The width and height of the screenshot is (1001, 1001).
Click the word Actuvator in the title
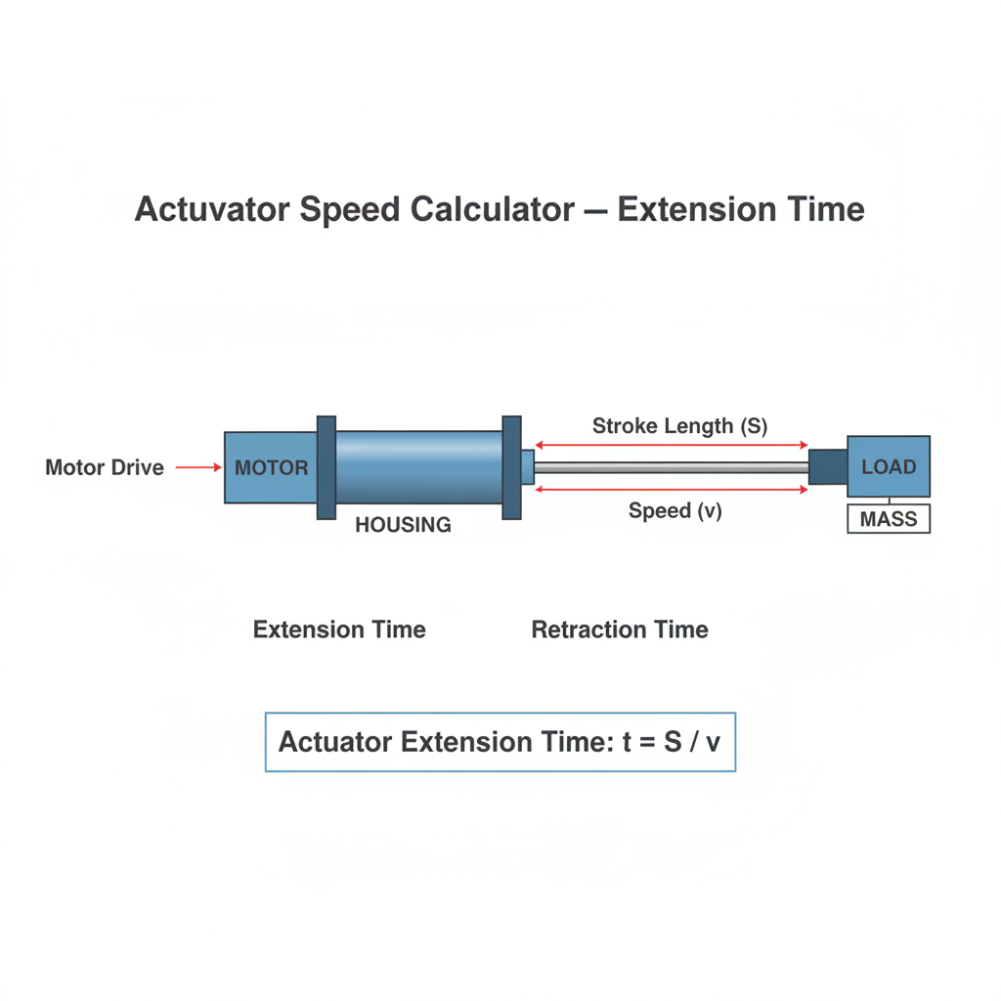click(212, 209)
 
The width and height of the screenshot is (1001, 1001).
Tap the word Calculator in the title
click(493, 209)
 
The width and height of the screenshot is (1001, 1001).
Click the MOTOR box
click(271, 467)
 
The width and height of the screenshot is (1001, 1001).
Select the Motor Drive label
click(105, 467)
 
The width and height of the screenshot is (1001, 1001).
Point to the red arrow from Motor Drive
click(198, 467)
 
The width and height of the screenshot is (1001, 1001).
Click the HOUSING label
click(403, 525)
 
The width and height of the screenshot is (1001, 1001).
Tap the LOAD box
click(889, 466)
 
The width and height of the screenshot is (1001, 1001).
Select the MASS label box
click(889, 519)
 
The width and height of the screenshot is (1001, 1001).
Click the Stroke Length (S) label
click(680, 426)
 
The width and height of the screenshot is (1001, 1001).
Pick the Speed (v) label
click(675, 510)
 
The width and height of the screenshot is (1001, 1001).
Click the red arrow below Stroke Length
click(672, 445)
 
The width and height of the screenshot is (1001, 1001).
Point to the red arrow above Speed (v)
click(672, 490)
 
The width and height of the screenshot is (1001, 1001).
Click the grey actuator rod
click(672, 468)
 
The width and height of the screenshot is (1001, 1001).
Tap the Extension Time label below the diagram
click(339, 630)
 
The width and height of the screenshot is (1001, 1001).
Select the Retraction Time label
click(620, 630)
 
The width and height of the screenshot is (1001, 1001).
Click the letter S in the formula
click(673, 742)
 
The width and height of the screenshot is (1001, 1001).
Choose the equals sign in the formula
click(647, 743)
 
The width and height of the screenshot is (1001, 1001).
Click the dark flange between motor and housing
click(326, 468)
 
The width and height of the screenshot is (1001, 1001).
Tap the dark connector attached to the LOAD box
click(828, 466)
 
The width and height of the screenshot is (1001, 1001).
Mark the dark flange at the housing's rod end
click(512, 468)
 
